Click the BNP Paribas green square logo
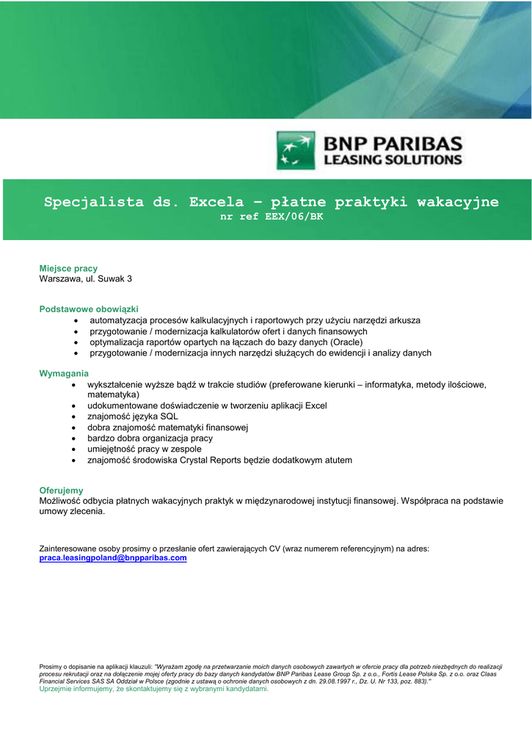[296, 151]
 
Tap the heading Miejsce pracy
[68, 268]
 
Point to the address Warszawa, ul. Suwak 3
[85, 279]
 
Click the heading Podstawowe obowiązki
[89, 309]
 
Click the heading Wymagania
[64, 373]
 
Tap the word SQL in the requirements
[169, 416]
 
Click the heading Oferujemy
[61, 490]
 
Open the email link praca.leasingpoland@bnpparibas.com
[112, 558]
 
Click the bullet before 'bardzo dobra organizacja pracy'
[74, 438]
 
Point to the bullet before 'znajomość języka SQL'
[74, 416]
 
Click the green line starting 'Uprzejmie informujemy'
[154, 689]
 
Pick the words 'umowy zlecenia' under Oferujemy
[71, 512]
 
